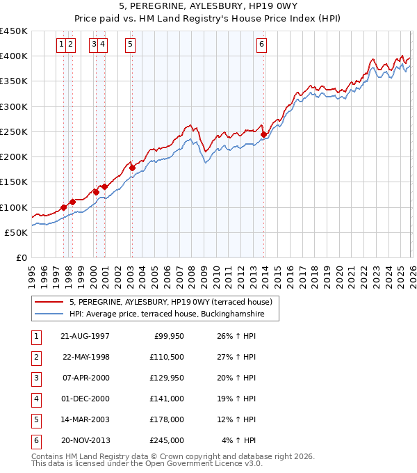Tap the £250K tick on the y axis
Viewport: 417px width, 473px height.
pyautogui.click(x=14, y=131)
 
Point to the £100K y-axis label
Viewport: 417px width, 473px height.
pyautogui.click(x=14, y=207)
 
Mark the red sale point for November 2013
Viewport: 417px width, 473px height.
pyautogui.click(x=263, y=134)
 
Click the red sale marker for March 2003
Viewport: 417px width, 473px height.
pyautogui.click(x=132, y=168)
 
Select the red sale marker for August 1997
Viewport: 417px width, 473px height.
pyautogui.click(x=63, y=207)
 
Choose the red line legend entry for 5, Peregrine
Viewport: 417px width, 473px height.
pyautogui.click(x=174, y=302)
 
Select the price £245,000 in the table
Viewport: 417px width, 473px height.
pyautogui.click(x=167, y=440)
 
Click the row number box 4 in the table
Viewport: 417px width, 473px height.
pyautogui.click(x=35, y=399)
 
